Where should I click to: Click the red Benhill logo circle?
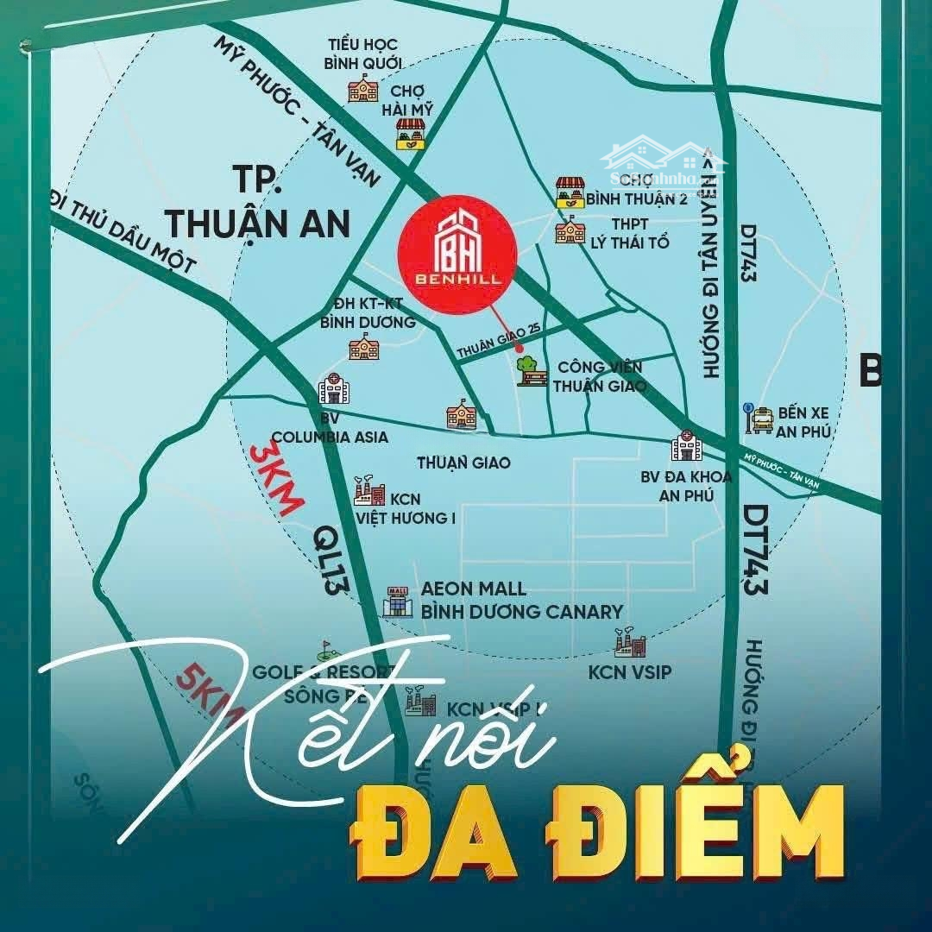pos(457,250)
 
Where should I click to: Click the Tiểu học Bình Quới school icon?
pos(362,89)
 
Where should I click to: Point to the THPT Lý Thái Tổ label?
pos(629,233)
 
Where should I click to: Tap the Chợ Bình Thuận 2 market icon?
pos(570,190)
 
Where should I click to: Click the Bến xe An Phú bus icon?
pos(759,419)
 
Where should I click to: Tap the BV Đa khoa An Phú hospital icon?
pos(687,446)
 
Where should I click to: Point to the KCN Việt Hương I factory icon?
pos(369,491)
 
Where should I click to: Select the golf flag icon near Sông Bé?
pos(326,649)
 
